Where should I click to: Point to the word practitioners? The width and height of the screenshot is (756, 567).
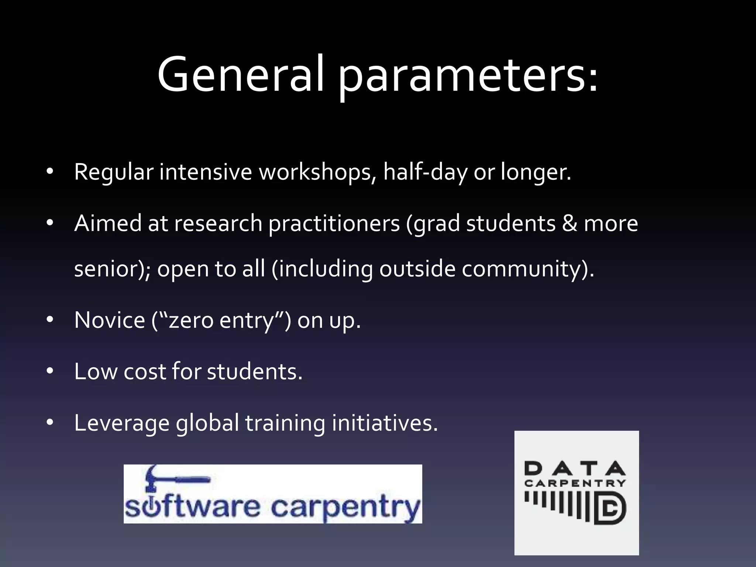coord(334,224)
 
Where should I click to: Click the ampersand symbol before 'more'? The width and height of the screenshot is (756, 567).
coord(570,224)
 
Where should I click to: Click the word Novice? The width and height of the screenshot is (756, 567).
coord(110,320)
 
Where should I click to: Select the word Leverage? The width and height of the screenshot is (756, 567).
coord(121,423)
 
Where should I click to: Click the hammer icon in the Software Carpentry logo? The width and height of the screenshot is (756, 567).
coord(166,478)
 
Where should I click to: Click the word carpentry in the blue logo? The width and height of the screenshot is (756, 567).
coord(346,508)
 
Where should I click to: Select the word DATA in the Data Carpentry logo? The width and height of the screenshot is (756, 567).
coord(575,469)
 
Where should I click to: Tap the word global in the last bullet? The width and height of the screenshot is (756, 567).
coord(207,423)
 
